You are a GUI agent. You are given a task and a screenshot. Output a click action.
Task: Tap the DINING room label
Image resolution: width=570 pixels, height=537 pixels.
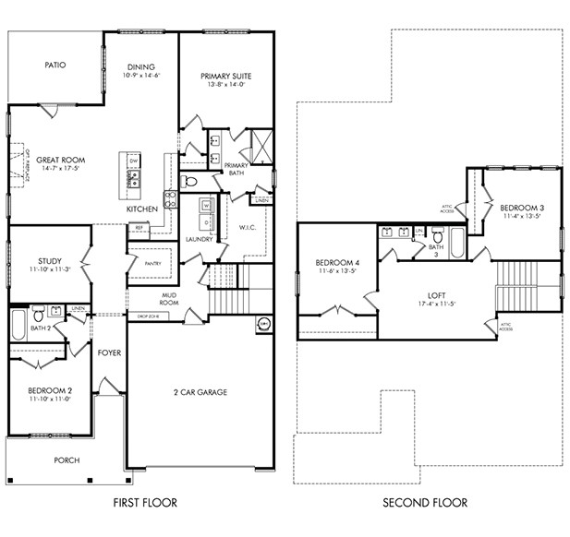pyautogui.click(x=140, y=66)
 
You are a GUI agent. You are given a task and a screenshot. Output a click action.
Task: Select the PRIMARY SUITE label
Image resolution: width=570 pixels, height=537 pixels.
pyautogui.click(x=225, y=76)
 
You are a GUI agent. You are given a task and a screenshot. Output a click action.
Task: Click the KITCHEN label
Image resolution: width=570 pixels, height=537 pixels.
pyautogui.click(x=142, y=209)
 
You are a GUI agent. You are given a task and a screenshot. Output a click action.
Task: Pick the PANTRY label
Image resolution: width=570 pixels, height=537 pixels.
pyautogui.click(x=152, y=263)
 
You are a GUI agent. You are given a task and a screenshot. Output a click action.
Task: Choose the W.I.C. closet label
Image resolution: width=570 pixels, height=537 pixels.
pyautogui.click(x=247, y=227)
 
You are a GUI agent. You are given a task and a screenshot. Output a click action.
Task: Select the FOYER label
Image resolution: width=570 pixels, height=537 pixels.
pyautogui.click(x=110, y=352)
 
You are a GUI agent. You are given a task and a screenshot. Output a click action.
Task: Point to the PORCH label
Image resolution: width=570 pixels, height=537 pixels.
pyautogui.click(x=66, y=460)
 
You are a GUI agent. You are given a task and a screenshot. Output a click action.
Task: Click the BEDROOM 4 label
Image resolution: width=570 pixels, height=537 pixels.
pyautogui.click(x=338, y=261)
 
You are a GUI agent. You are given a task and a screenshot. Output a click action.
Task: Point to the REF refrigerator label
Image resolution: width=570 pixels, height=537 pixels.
pyautogui.click(x=139, y=227)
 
